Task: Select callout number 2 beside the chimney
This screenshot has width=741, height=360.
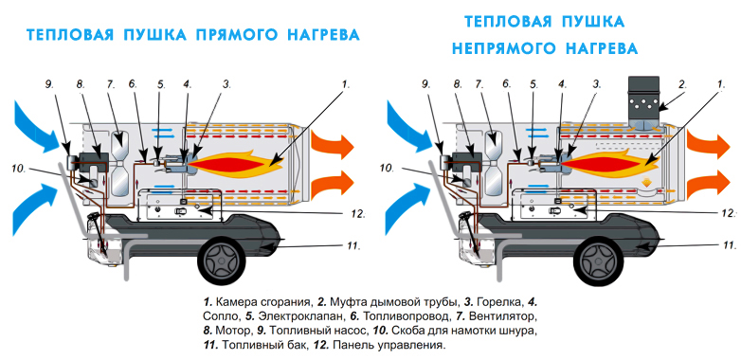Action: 682,85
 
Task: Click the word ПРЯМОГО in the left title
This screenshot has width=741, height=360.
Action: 239,35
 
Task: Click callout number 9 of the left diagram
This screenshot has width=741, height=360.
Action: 49,84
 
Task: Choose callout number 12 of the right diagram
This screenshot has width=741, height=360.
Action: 730,212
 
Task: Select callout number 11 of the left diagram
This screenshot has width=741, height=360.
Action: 353,245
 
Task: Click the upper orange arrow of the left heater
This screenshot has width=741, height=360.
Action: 333,146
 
